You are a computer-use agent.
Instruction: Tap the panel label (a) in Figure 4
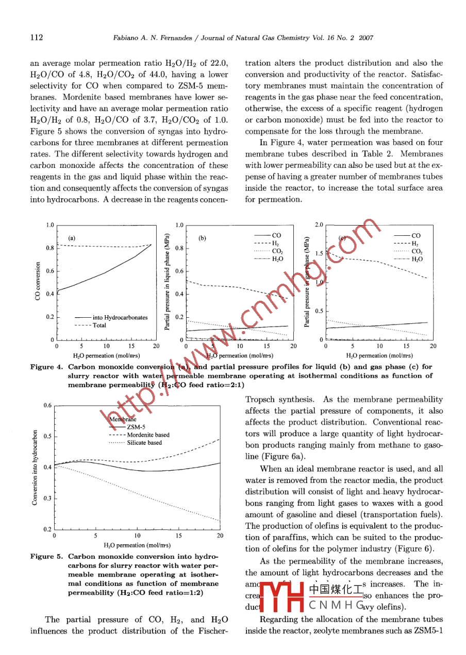tap(72, 238)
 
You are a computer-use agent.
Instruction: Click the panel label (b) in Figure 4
tap(202, 238)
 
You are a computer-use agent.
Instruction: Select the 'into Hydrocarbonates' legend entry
tap(120, 318)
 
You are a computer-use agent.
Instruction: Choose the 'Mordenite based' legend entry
tap(148, 435)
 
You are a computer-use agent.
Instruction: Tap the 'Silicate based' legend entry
tap(144, 442)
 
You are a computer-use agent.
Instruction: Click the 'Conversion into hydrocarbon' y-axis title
tap(35, 467)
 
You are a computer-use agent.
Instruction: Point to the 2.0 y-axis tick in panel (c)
tap(318, 226)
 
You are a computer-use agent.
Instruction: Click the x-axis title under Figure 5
tap(137, 545)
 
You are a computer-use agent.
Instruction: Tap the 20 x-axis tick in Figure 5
tap(220, 536)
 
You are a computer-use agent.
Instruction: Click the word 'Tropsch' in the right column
tap(261, 400)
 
